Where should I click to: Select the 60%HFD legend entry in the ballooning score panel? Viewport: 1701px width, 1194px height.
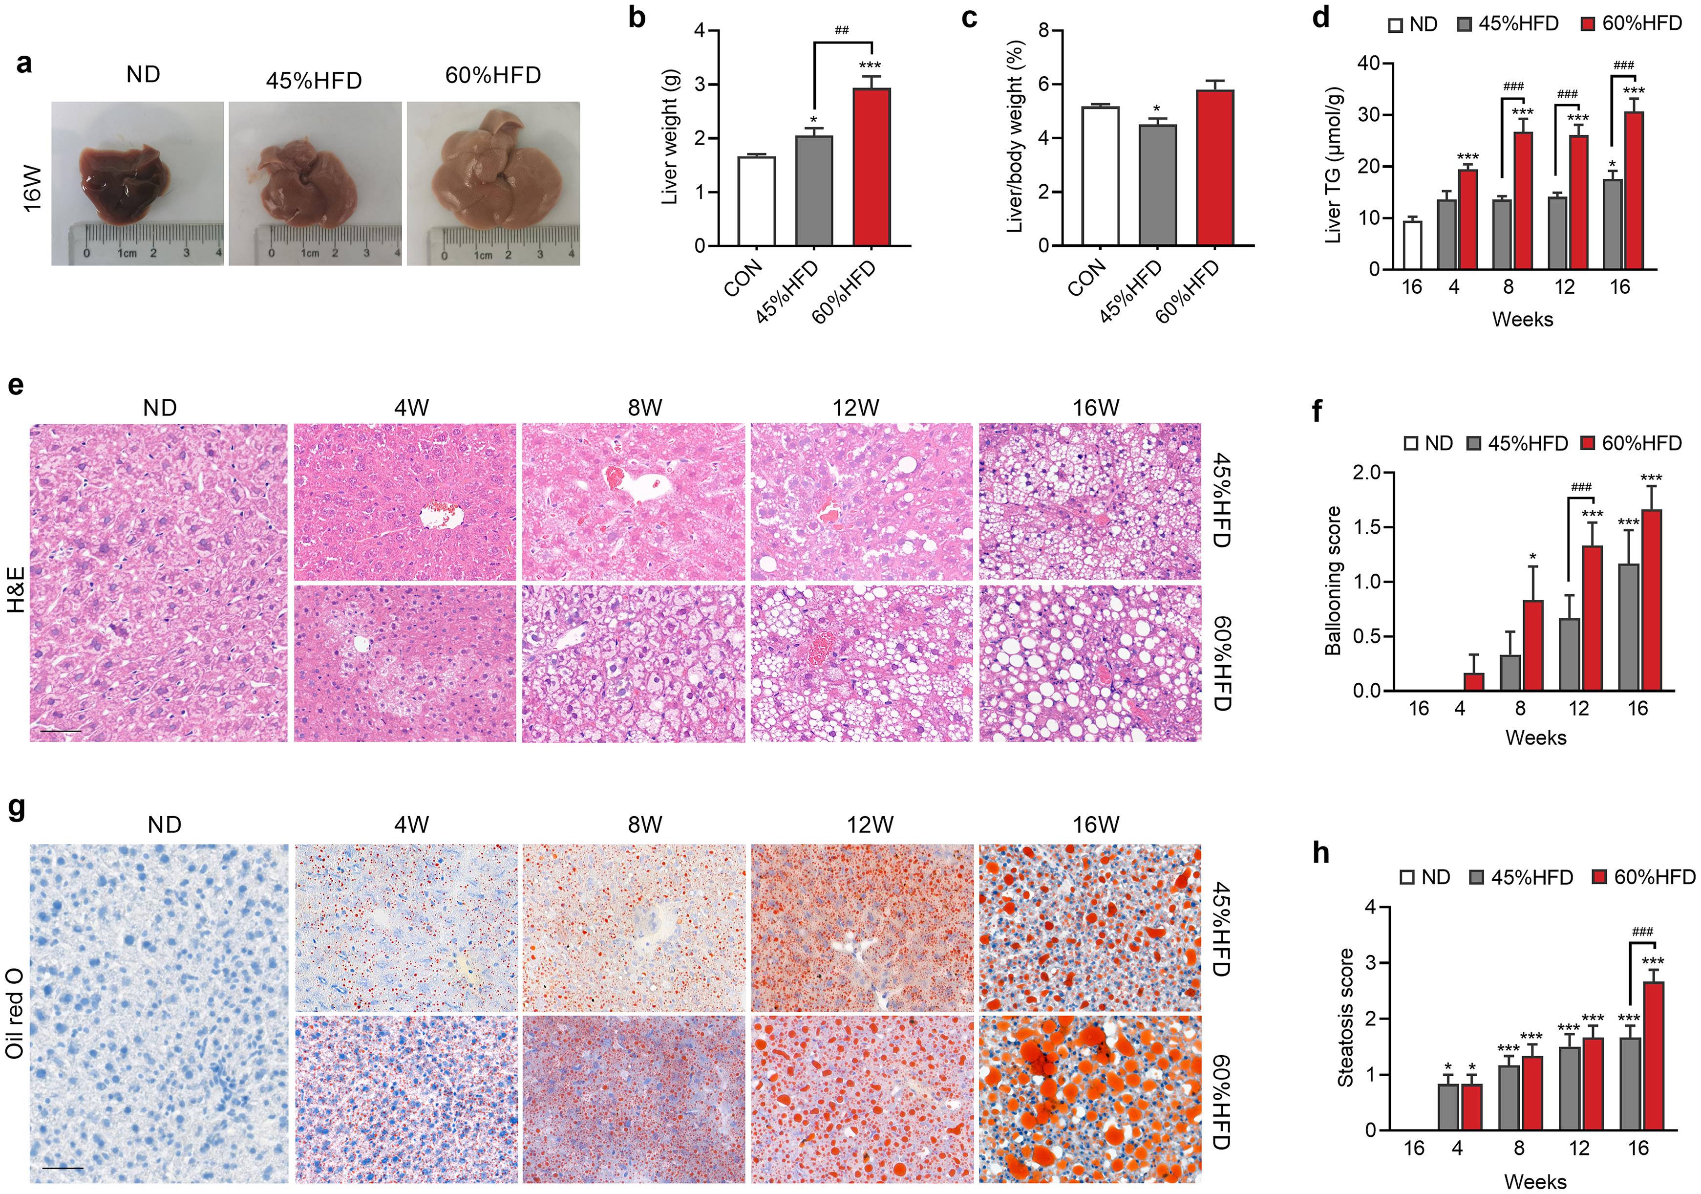click(x=1631, y=443)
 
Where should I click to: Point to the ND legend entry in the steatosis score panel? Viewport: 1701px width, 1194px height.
click(x=1425, y=877)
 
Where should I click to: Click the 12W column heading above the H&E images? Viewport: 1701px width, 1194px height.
click(x=856, y=408)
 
